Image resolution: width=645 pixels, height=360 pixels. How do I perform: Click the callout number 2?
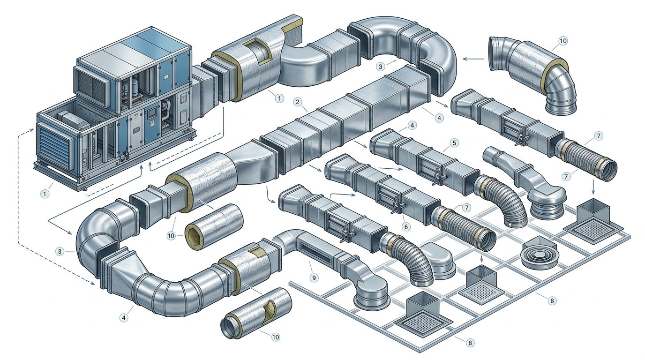(298, 102)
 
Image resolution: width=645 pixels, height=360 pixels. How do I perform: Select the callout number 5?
(454, 143)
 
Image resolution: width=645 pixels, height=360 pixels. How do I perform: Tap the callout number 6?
(406, 227)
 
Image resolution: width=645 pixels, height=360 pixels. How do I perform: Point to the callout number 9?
(314, 277)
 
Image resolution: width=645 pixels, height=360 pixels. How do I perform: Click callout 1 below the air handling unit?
(45, 194)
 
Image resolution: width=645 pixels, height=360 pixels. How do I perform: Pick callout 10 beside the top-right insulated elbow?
(562, 41)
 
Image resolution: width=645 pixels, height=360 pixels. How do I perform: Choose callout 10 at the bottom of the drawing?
(276, 337)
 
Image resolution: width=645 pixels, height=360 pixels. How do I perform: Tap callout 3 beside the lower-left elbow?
(60, 251)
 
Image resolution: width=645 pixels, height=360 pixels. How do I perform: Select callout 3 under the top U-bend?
(380, 67)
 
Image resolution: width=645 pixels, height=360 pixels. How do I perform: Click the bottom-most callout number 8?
(470, 343)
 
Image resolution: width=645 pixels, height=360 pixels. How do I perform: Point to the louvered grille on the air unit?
(55, 149)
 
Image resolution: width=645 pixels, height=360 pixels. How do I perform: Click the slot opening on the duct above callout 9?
(315, 253)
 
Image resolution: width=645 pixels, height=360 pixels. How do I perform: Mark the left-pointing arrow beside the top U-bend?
(473, 59)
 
